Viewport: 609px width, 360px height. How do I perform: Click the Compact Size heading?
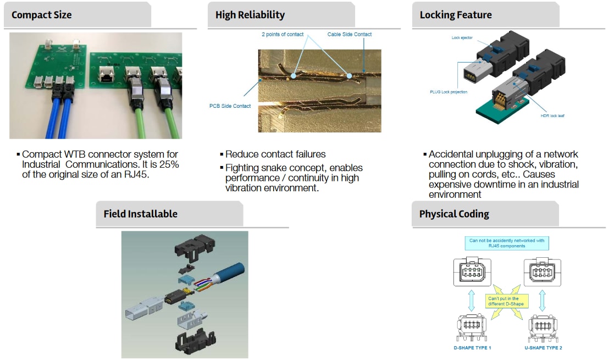[42, 15]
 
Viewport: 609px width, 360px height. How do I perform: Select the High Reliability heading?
[250, 15]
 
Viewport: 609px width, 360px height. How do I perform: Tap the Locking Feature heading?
[456, 15]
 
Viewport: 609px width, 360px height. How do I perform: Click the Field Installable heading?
[140, 214]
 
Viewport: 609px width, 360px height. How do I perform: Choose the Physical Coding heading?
[454, 214]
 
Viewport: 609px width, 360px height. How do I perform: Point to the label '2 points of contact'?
[283, 35]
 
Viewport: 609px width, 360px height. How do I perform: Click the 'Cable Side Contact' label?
[350, 35]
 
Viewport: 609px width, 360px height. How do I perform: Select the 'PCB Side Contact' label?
[230, 106]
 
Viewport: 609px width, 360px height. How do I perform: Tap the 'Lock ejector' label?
[462, 38]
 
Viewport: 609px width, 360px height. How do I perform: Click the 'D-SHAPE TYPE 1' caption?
[473, 347]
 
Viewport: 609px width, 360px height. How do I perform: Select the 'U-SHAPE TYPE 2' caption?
[544, 347]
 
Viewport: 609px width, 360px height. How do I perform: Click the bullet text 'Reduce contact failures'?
[275, 154]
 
